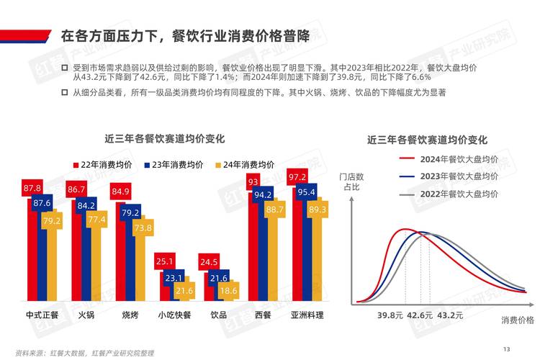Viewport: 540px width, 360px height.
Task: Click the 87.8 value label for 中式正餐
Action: click(x=32, y=189)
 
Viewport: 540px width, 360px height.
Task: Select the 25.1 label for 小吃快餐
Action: click(x=165, y=261)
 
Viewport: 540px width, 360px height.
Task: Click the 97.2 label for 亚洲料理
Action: click(x=297, y=177)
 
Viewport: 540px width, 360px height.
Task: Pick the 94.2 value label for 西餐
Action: click(x=264, y=194)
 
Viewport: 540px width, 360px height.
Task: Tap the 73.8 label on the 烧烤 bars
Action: click(x=143, y=228)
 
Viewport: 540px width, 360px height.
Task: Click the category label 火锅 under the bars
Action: click(x=86, y=315)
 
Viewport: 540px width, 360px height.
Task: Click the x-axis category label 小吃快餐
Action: click(x=175, y=315)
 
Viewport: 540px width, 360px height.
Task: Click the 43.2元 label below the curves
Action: click(x=451, y=315)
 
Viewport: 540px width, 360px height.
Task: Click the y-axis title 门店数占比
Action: click(x=351, y=181)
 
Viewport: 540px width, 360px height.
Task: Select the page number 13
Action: click(x=506, y=349)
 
